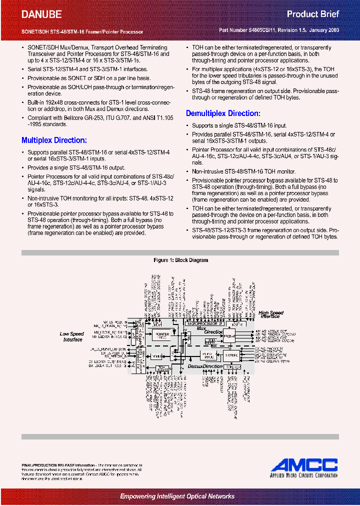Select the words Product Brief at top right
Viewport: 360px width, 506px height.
[313, 14]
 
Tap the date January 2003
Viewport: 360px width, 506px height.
[323, 30]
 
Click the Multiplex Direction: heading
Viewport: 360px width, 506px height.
[54, 140]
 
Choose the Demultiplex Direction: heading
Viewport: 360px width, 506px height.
[223, 113]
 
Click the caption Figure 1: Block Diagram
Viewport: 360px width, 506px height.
[180, 260]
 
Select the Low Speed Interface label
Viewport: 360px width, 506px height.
[72, 336]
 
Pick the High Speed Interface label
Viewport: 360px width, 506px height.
[271, 314]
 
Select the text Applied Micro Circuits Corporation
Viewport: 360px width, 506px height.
[304, 476]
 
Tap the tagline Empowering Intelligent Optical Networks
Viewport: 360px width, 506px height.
[177, 496]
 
